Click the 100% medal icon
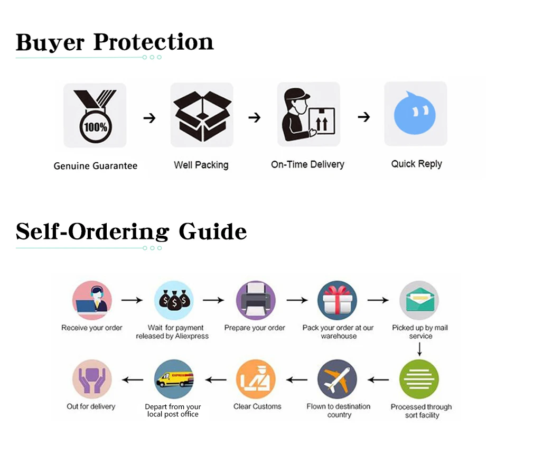[x=95, y=115]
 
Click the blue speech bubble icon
[x=415, y=113]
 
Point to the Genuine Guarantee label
[x=96, y=166]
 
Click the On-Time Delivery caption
[x=307, y=164]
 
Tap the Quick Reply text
[x=416, y=164]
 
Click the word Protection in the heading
[x=153, y=42]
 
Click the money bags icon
[x=174, y=300]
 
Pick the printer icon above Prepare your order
[x=255, y=300]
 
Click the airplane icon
[x=337, y=379]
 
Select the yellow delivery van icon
[x=174, y=379]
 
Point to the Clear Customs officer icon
[x=255, y=379]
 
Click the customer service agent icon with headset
[x=92, y=300]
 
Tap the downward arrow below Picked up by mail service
[x=419, y=349]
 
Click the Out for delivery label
[x=91, y=406]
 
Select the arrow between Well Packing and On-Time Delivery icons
[x=255, y=117]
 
